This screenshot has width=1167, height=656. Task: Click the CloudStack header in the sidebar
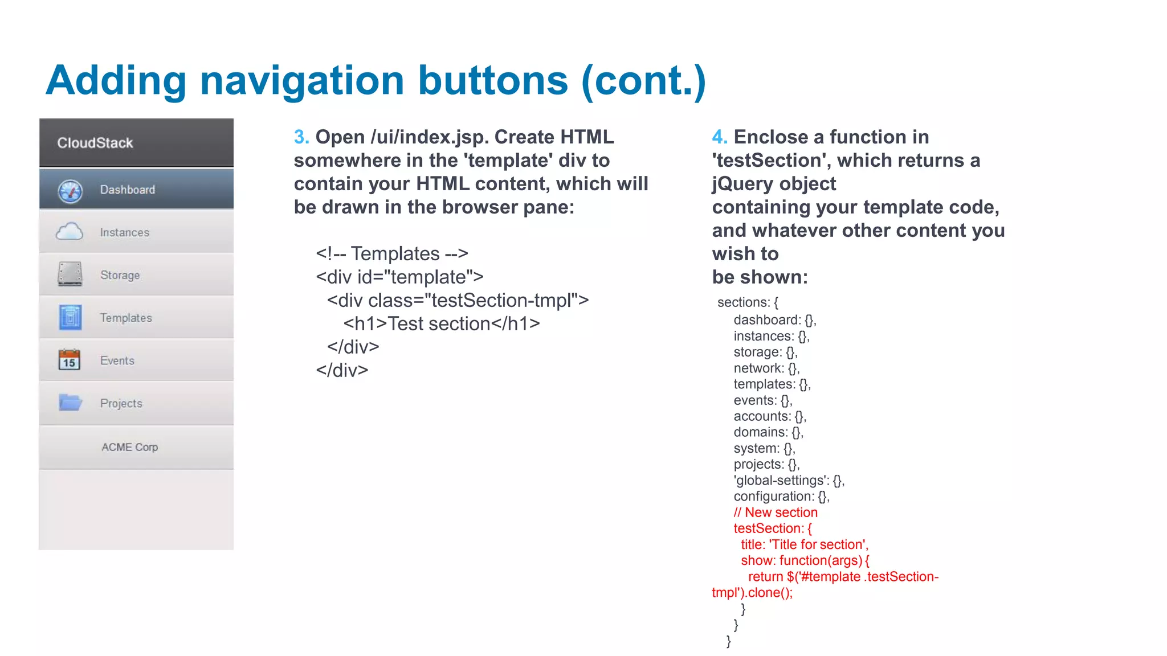[95, 143]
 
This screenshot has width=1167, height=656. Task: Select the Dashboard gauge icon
[70, 191]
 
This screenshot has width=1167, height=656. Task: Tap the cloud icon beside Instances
[70, 232]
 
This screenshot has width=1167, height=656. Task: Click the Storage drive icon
[70, 274]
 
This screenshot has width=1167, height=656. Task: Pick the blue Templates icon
[70, 317]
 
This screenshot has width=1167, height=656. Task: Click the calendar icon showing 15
[70, 360]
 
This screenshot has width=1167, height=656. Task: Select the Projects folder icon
[71, 403]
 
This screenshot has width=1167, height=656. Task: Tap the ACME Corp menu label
[129, 447]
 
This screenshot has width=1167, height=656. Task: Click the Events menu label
[117, 360]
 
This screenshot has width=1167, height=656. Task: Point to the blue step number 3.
[301, 137]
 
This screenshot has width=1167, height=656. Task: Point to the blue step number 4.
[720, 137]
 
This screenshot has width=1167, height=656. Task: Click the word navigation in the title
[302, 81]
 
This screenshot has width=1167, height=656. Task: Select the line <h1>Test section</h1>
[442, 323]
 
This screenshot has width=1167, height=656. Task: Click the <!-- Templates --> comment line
[392, 253]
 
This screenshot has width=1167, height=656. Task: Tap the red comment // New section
[776, 512]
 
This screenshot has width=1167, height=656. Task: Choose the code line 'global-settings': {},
[789, 480]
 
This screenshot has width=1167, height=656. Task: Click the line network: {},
[766, 368]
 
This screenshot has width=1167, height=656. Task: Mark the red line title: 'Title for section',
[805, 544]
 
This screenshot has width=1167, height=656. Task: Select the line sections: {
[748, 302]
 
